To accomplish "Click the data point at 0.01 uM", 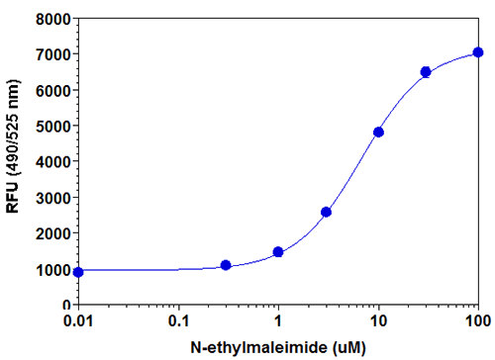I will [x=78, y=271].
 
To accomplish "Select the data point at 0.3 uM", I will [x=226, y=265].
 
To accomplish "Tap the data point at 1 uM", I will [x=278, y=252].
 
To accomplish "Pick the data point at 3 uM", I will [x=326, y=212].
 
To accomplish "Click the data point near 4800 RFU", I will [x=378, y=132].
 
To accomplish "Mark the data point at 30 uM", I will [x=426, y=72].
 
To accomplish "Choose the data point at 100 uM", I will [x=478, y=52].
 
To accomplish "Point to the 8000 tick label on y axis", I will [x=52, y=19].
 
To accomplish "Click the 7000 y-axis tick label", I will [x=52, y=54].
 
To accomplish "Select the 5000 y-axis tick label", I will [x=52, y=126].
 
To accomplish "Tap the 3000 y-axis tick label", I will [x=52, y=197].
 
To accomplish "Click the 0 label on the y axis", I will [x=65, y=304].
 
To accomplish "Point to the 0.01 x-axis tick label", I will [x=78, y=321].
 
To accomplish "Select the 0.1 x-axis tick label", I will [x=178, y=321].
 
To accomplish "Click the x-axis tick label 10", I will [x=378, y=321].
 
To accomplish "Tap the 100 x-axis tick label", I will [x=477, y=321].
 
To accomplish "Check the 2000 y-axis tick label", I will [x=52, y=232].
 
